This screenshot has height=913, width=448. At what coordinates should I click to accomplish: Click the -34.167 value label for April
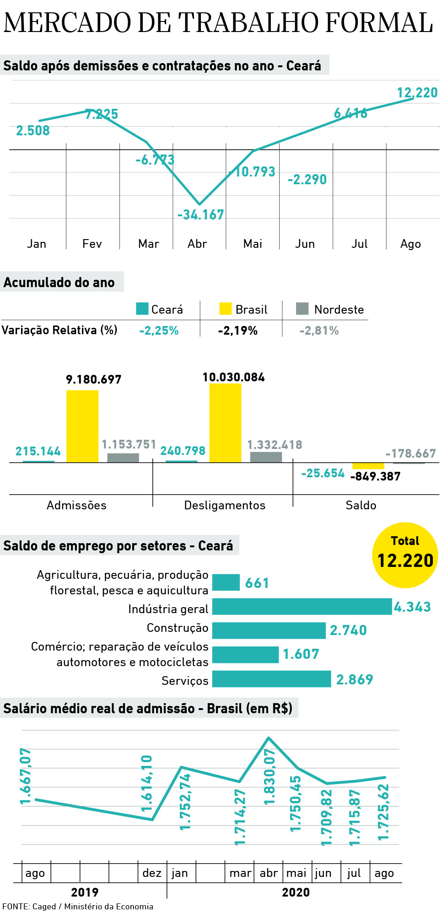(x=200, y=215)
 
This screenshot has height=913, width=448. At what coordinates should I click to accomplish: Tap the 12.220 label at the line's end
(x=417, y=93)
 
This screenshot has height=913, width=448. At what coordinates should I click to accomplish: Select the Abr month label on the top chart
(x=197, y=244)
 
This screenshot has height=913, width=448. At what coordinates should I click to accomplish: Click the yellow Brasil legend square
(x=226, y=309)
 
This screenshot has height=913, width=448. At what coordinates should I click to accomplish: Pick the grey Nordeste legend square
(x=302, y=309)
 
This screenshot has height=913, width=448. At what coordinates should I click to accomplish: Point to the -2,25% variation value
(x=159, y=331)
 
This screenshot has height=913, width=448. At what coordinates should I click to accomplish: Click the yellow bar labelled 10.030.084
(x=225, y=423)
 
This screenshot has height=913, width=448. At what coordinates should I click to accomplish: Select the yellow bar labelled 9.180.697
(x=82, y=426)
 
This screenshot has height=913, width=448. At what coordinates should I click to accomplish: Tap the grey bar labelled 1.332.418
(x=266, y=457)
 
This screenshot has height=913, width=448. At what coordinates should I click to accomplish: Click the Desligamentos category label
(x=225, y=505)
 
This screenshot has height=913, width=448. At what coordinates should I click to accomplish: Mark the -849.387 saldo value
(x=375, y=476)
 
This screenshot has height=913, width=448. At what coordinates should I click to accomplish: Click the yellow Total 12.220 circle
(x=405, y=555)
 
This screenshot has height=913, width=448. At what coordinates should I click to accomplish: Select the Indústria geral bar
(x=302, y=607)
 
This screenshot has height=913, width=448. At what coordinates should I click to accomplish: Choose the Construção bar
(x=269, y=630)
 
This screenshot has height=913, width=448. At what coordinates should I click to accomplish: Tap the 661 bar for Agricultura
(x=226, y=582)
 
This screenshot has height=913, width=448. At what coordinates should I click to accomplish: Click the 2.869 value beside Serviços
(x=354, y=679)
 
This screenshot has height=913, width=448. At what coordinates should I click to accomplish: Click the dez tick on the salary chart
(x=152, y=873)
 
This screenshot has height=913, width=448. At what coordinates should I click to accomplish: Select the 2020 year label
(x=296, y=892)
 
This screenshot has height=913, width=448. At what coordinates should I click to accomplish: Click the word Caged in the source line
(x=44, y=906)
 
